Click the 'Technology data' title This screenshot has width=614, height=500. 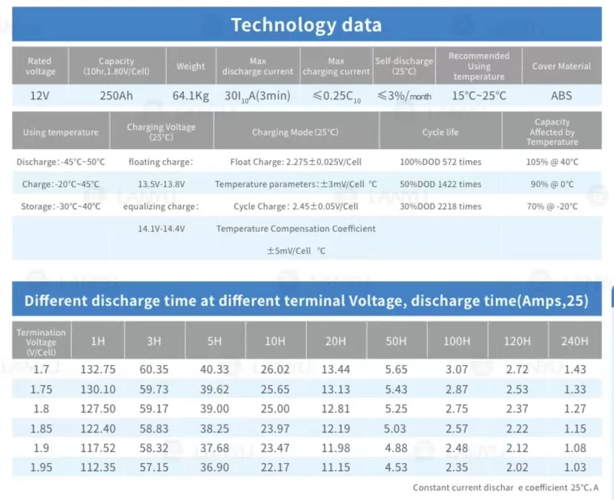tap(306, 24)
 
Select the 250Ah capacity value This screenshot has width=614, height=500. tap(116, 96)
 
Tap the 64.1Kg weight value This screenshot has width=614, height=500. tap(191, 96)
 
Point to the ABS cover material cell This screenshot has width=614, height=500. tap(561, 96)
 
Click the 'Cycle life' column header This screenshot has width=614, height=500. tap(440, 132)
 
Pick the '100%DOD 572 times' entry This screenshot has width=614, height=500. tap(440, 162)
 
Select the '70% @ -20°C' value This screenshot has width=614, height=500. tap(552, 206)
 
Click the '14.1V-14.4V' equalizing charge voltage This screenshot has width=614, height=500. tap(162, 228)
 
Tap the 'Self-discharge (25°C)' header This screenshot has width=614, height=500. tap(404, 66)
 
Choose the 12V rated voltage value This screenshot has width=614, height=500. tap(39, 96)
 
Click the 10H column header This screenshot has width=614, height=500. tap(275, 341)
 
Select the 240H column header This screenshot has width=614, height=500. tap(575, 341)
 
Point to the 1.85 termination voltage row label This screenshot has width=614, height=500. tap(41, 428)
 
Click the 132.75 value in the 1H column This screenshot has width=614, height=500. tap(98, 369)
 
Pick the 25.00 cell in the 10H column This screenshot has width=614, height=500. tap(275, 409)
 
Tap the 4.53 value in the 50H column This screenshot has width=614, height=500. tap(396, 467)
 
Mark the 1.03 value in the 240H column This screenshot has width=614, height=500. tap(575, 467)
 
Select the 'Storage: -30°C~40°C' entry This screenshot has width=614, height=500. tap(61, 206)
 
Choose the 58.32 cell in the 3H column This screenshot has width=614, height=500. tap(154, 448)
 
